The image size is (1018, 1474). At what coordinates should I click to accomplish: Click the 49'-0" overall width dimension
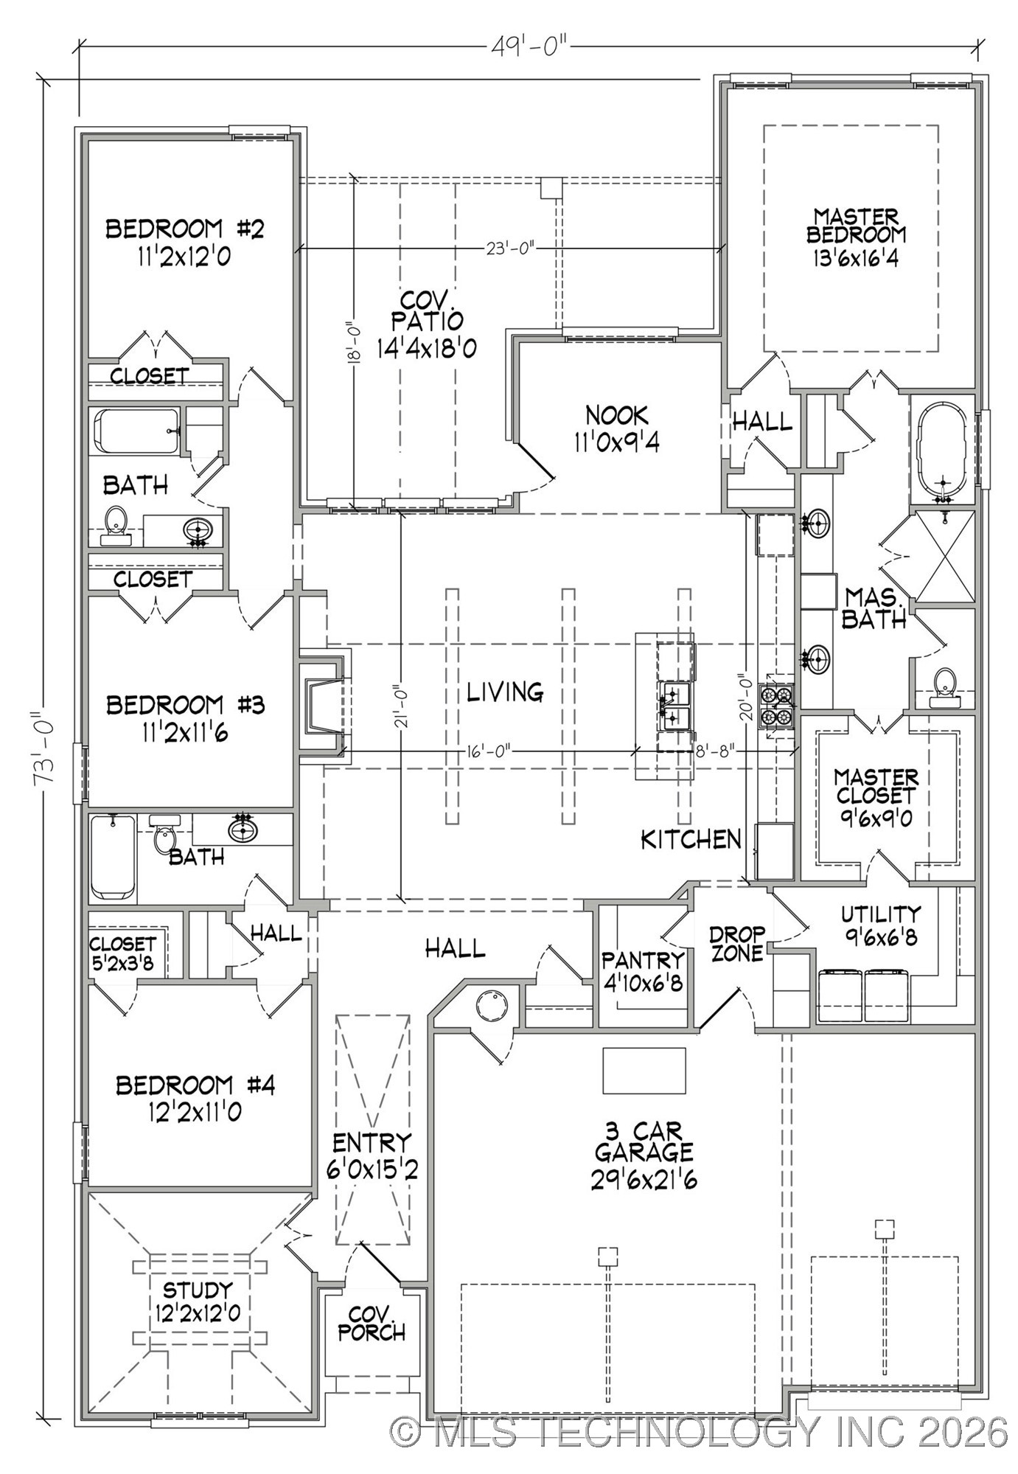(x=529, y=47)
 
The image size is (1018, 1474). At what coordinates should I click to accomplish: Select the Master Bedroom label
(x=856, y=237)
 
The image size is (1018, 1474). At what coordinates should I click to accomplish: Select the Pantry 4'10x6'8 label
(x=643, y=970)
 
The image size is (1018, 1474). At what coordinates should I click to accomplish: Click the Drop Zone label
(x=736, y=944)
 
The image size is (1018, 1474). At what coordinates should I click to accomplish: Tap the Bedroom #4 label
(x=195, y=1096)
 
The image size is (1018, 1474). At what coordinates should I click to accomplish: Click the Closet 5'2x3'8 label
(x=123, y=953)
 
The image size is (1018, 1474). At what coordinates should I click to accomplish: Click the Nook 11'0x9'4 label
(x=617, y=428)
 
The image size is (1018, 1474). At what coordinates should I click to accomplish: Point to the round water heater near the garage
(x=492, y=1004)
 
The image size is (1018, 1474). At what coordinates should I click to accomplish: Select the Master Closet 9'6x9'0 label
(x=876, y=796)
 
